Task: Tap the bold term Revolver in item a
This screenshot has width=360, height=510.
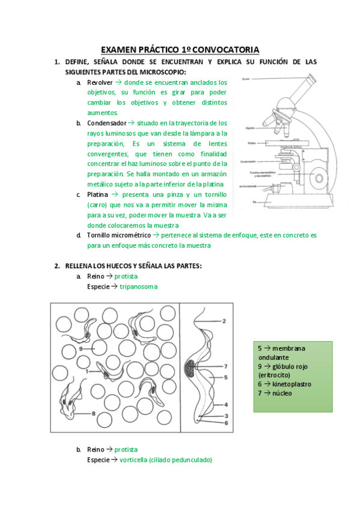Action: [100, 82]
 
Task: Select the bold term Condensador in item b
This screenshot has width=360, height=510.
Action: [106, 123]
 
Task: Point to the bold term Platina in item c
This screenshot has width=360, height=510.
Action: [97, 195]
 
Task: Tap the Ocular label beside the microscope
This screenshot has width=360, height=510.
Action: [245, 79]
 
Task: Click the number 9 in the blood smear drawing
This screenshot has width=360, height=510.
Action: [81, 348]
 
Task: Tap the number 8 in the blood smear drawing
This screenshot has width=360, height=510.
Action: [94, 413]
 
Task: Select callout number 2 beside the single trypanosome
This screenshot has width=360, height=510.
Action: [224, 322]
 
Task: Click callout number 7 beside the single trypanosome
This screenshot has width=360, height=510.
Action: [225, 366]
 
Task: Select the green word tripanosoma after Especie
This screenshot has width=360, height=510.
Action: [138, 287]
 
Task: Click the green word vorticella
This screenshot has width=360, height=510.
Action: [134, 459]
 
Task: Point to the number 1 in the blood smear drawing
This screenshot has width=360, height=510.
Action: [88, 372]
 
